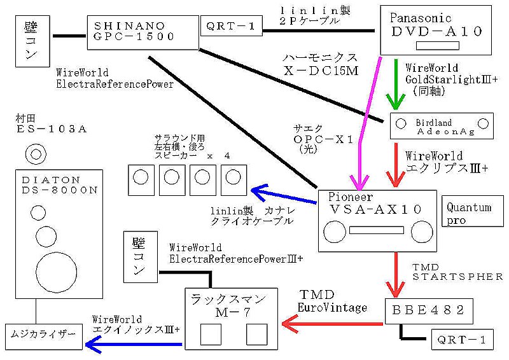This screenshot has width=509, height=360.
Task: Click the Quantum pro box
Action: pyautogui.click(x=473, y=212)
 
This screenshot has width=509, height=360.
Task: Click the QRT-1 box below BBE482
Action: pyautogui.click(x=461, y=340)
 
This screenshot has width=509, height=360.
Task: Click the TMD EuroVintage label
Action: pyautogui.click(x=333, y=301)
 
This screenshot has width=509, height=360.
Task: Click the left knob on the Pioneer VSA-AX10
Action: pyautogui.click(x=336, y=232)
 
